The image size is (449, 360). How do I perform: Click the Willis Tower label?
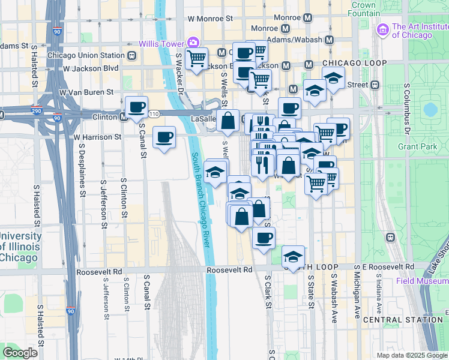[x=161, y=43]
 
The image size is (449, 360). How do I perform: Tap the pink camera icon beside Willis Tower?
[x=193, y=42]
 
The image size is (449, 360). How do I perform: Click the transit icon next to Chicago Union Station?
[x=131, y=56]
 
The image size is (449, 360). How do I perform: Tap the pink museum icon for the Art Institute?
[x=382, y=29]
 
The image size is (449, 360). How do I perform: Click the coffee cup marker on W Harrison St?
[x=164, y=137]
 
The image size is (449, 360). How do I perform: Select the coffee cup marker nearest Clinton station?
[x=136, y=107]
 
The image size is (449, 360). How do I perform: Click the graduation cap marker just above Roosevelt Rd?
[x=292, y=256]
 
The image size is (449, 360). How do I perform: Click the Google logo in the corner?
[x=20, y=353]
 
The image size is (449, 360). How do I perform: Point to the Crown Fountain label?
[x=364, y=9]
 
